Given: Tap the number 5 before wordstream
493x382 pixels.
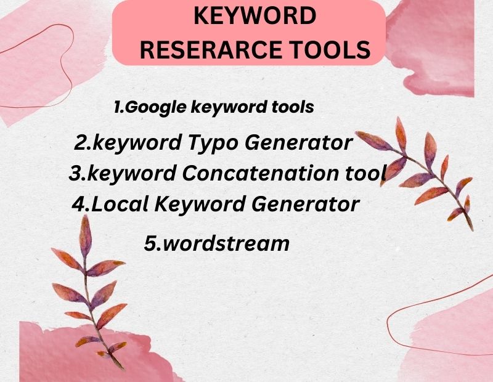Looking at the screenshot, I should [150, 243].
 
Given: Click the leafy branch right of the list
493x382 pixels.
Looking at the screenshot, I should [425, 173].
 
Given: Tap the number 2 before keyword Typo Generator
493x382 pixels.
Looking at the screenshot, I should [80, 143].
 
